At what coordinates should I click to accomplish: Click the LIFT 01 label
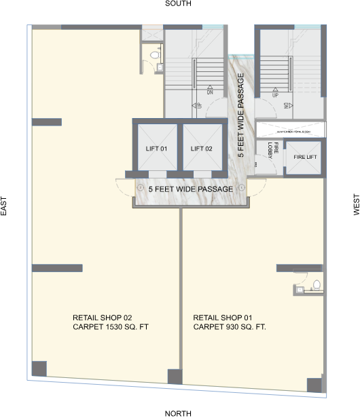pyautogui.click(x=156, y=149)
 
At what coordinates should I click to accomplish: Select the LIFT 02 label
pyautogui.click(x=202, y=149)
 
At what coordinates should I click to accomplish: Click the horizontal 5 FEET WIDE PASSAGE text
pyautogui.click(x=191, y=189)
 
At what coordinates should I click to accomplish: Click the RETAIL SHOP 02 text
pyautogui.click(x=102, y=318)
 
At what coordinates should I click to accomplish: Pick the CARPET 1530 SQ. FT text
pyautogui.click(x=110, y=327)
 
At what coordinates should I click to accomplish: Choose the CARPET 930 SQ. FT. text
pyautogui.click(x=229, y=327)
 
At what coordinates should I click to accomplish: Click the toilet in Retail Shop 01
pyautogui.click(x=317, y=284)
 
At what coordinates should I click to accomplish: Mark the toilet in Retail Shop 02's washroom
pyautogui.click(x=154, y=54)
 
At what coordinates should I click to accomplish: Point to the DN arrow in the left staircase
pyautogui.click(x=211, y=90)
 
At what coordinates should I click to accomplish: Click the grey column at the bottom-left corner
pyautogui.click(x=39, y=369)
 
